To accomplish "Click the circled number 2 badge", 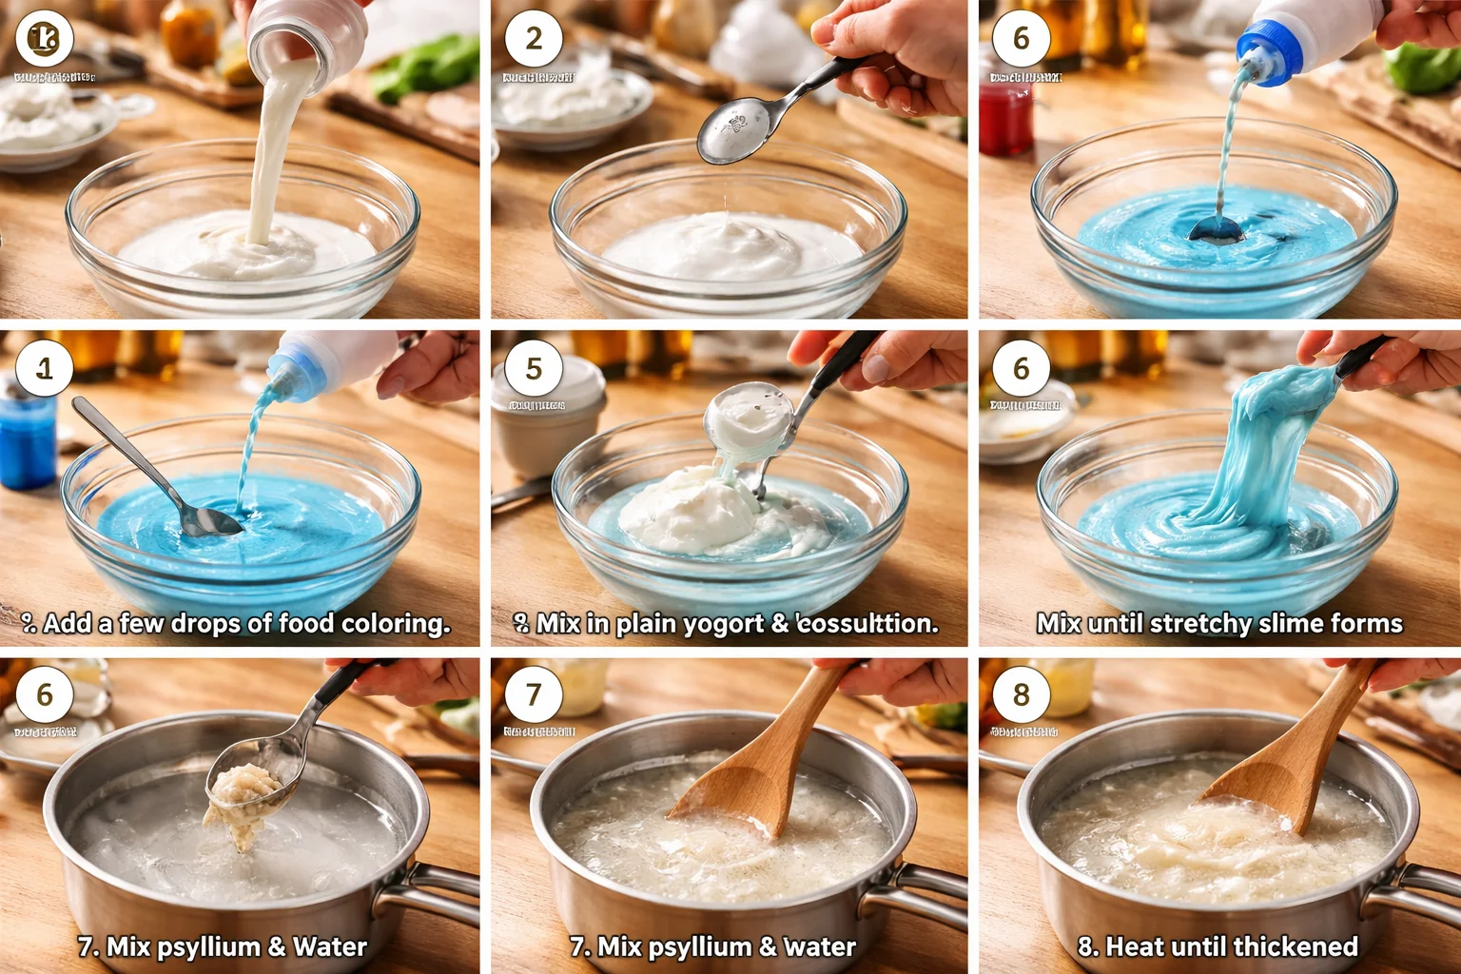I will point(534,39).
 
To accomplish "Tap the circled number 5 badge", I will point(534,368).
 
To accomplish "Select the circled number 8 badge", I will point(1021,694).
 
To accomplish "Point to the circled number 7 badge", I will point(534,694).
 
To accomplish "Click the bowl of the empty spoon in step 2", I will point(734,130).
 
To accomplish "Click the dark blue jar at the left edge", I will point(26,442).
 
